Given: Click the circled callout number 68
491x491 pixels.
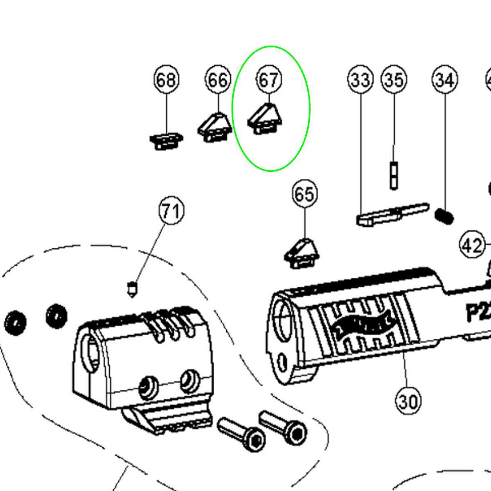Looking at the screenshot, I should click(167, 80).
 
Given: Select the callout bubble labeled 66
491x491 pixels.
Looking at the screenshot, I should click(218, 80).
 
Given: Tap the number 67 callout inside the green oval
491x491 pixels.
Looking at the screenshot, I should click(269, 80).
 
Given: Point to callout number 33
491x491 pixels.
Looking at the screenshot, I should click(360, 80).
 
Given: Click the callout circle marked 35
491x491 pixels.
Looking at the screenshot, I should click(394, 80).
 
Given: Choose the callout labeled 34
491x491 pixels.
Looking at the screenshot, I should click(445, 80).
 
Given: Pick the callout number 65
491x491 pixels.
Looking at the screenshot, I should click(305, 194).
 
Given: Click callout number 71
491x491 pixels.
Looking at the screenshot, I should click(171, 211).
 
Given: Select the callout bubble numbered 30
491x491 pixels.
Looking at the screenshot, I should click(408, 401).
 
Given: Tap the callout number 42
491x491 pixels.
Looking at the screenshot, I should click(472, 246).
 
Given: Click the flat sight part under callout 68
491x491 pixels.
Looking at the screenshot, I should click(166, 141).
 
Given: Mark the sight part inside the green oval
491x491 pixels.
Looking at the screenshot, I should click(265, 119).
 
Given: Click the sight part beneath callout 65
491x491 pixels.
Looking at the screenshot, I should click(302, 253).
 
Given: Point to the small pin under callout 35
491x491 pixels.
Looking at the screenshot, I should click(394, 175).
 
